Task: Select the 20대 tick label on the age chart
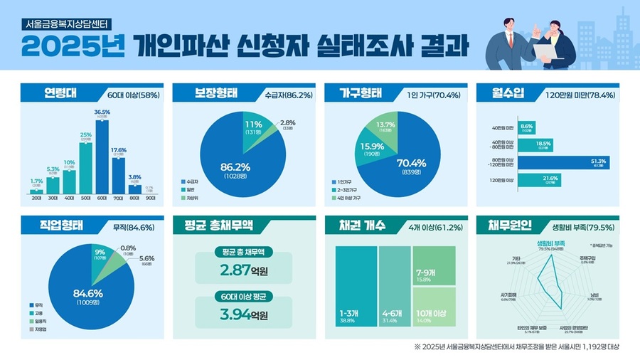pos(36,198)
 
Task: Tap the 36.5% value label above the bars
pos(102,112)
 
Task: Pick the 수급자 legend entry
pos(191,181)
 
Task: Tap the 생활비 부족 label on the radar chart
pos(551,243)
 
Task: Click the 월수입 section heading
pos(503,93)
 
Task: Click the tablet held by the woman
pos(545,49)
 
